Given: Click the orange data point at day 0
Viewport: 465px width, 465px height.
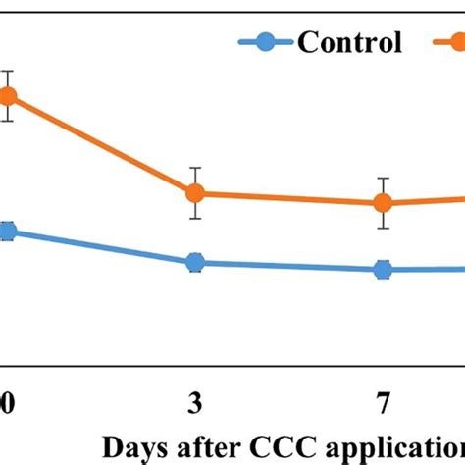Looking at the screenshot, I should pyautogui.click(x=7, y=96).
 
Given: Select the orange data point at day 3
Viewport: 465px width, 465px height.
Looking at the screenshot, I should pyautogui.click(x=195, y=193).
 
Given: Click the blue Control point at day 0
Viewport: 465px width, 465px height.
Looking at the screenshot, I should pyautogui.click(x=7, y=232).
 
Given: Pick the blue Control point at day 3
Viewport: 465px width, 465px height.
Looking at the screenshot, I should pyautogui.click(x=195, y=262).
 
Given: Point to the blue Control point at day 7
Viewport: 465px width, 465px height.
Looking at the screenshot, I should pyautogui.click(x=383, y=270).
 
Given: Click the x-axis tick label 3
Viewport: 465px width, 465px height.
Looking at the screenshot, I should pyautogui.click(x=195, y=403).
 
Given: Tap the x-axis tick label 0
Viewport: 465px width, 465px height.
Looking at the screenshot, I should pyautogui.click(x=7, y=403).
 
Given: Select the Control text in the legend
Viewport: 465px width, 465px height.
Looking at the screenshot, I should pyautogui.click(x=349, y=42).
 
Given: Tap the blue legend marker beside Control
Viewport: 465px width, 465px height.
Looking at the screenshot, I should pyautogui.click(x=266, y=42).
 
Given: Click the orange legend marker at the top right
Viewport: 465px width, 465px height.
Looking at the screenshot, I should pyautogui.click(x=457, y=42).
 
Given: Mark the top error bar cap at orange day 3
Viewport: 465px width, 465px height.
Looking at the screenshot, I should pyautogui.click(x=195, y=168).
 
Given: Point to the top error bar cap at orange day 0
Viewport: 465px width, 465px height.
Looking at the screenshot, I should pyautogui.click(x=7, y=72).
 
